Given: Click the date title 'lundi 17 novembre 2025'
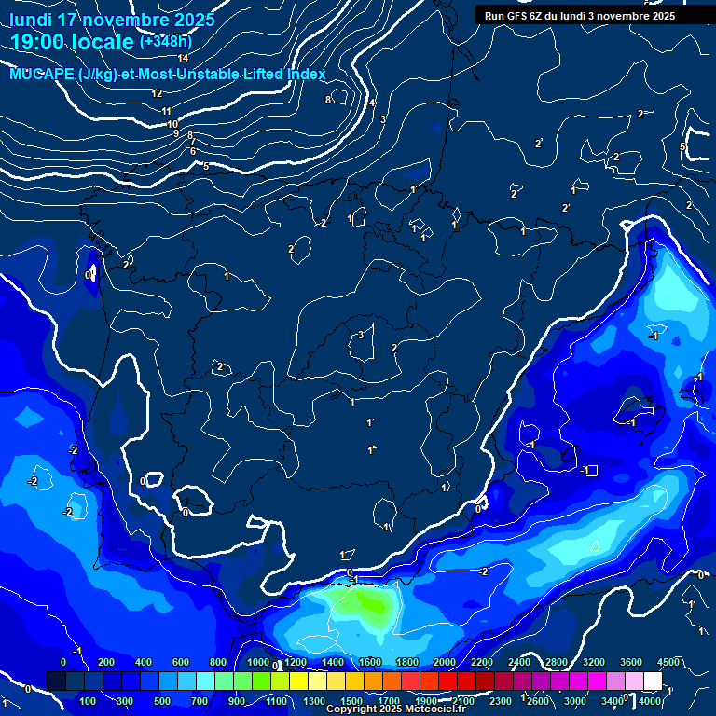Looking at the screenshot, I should [113, 19].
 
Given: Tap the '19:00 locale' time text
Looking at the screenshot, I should [73, 42].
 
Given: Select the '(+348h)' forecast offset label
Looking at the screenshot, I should [165, 42].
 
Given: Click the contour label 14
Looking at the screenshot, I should [183, 59].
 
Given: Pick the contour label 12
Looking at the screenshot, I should [157, 93].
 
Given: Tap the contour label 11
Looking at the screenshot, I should [166, 112].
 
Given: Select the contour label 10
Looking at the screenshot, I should [172, 124].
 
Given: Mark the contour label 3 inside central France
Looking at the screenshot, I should [361, 336].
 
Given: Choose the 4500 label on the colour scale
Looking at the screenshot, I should [668, 661].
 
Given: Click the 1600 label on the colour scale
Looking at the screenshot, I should [370, 661].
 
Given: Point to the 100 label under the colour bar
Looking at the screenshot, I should [88, 701].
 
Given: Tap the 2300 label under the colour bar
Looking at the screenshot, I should [500, 701].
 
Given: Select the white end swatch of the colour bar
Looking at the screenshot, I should [653, 682].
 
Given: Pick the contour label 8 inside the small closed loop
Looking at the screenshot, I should [328, 100].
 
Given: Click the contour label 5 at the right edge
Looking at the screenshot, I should [682, 147].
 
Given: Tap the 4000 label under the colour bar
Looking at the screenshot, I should [650, 701].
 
